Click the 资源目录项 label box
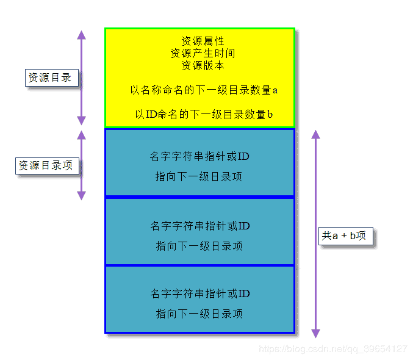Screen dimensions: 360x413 (47, 165)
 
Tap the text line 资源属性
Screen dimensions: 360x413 (203, 41)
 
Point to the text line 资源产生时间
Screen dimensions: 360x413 (203, 53)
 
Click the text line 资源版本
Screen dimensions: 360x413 (203, 65)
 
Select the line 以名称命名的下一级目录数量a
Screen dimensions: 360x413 (204, 90)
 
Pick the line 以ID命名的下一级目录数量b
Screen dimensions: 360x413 (204, 114)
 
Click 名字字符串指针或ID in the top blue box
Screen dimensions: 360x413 (199, 157)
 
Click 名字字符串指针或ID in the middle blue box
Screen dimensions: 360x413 (199, 226)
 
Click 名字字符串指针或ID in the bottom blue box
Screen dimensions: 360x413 (199, 294)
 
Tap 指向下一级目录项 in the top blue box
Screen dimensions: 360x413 (199, 177)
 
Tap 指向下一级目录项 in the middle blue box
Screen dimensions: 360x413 (199, 247)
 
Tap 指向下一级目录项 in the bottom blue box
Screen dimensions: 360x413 (199, 314)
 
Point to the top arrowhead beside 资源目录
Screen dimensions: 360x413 (81, 35)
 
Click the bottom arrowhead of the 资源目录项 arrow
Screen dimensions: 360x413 (81, 195)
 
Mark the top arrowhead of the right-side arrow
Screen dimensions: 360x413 (315, 134)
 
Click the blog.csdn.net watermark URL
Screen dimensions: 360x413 (333, 349)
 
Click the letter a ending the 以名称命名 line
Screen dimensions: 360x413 (275, 90)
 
